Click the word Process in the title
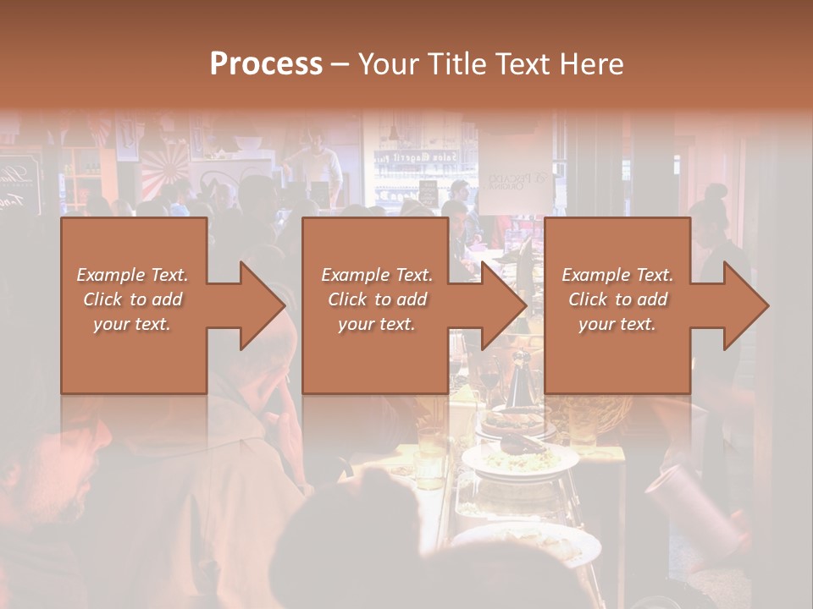[x=266, y=63]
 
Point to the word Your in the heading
[x=390, y=63]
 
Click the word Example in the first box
[x=111, y=275]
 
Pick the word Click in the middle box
[x=348, y=299]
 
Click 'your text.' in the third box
[x=617, y=324]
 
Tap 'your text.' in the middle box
[x=377, y=324]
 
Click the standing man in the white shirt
[x=319, y=165]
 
